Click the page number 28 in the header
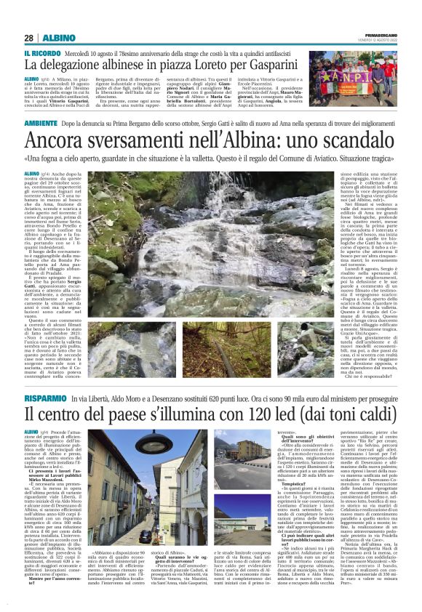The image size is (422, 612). (x=29, y=37)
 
